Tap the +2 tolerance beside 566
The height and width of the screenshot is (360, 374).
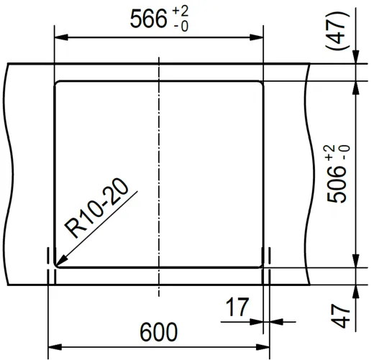[181, 12]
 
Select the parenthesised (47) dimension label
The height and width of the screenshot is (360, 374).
[336, 32]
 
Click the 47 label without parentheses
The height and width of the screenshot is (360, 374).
[343, 316]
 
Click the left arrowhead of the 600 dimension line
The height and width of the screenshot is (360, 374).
[53, 349]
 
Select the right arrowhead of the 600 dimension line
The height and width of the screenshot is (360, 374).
[264, 349]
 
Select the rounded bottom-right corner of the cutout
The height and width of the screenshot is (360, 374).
[260, 264]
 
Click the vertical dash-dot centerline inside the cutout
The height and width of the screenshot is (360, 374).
[159, 172]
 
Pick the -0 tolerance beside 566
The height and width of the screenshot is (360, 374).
[181, 27]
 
